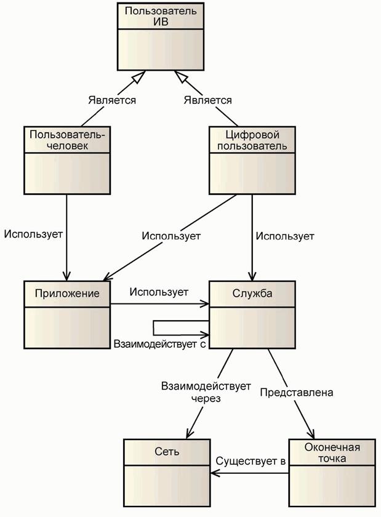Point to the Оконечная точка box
click(332, 471)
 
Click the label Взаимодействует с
click(158, 344)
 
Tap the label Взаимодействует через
click(206, 392)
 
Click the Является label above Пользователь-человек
click(111, 100)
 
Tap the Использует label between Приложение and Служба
click(159, 292)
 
